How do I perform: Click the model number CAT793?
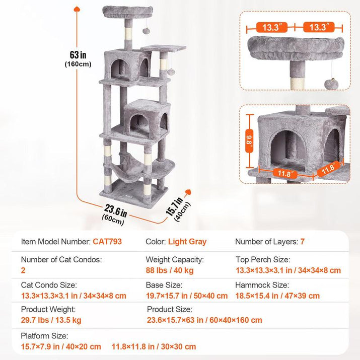click(107, 242)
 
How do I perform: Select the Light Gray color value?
click(187, 242)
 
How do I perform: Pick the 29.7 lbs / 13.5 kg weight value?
click(51, 320)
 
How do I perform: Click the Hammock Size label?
click(262, 285)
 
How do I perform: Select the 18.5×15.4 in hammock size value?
click(277, 296)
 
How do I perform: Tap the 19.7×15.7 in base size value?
click(187, 296)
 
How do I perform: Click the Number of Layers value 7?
click(302, 242)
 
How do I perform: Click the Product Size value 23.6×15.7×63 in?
click(204, 320)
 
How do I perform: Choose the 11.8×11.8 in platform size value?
click(154, 346)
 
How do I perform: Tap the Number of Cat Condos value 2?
click(24, 271)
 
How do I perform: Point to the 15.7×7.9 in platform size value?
click(61, 346)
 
